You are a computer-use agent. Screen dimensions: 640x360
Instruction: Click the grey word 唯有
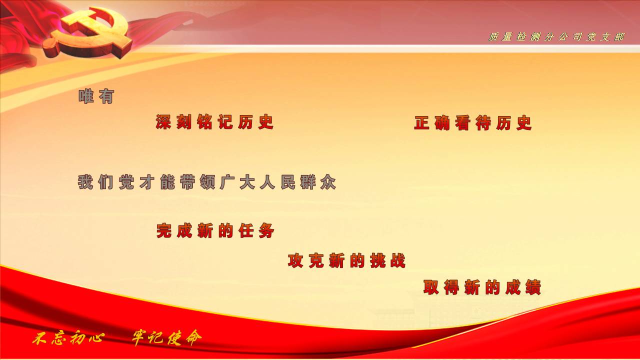96,96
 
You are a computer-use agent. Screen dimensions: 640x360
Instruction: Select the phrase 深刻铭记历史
214,122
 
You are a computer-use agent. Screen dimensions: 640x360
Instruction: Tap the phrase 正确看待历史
473,123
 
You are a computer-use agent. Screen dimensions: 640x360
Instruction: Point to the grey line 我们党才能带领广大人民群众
207,182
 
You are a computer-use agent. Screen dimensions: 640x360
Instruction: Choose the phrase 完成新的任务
215,230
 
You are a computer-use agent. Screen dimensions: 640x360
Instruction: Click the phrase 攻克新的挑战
346,260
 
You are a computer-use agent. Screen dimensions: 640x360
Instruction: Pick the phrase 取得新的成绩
482,287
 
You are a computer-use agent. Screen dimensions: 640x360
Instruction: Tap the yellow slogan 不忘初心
68,338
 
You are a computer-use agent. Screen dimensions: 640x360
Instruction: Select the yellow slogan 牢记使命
167,338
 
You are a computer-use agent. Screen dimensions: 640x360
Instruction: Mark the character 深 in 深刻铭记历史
163,122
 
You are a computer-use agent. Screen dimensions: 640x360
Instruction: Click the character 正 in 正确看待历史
422,123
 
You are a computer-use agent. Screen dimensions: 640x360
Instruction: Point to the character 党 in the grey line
126,182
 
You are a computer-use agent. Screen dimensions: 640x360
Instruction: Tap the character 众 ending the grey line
328,182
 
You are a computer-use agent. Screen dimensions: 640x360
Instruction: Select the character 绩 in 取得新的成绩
533,287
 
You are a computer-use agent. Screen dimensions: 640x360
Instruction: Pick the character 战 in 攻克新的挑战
397,261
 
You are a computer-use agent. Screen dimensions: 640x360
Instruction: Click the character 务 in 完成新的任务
267,231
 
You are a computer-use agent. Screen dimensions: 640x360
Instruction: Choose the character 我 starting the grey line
85,182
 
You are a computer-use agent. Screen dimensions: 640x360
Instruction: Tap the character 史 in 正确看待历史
524,123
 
